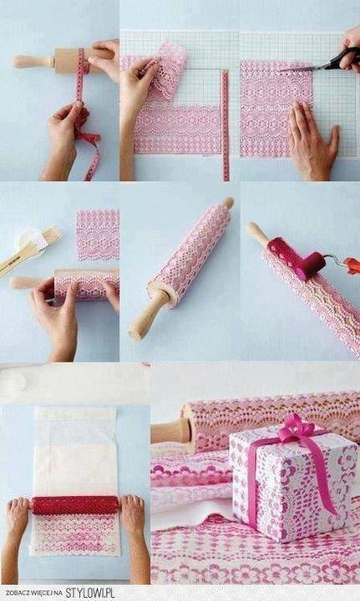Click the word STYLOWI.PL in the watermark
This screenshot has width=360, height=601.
90,593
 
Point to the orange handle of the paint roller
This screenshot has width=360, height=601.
352,265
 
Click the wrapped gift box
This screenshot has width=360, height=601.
292,483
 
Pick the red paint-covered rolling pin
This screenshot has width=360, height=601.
75,505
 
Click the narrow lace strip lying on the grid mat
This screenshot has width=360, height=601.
226,124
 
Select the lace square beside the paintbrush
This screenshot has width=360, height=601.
98,235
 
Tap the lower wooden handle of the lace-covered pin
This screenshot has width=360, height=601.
149,316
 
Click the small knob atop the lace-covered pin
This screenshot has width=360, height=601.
229,202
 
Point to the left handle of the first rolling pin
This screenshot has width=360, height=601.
33,61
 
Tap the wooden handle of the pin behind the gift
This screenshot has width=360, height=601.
171,431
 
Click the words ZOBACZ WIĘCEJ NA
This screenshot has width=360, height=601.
33,593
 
